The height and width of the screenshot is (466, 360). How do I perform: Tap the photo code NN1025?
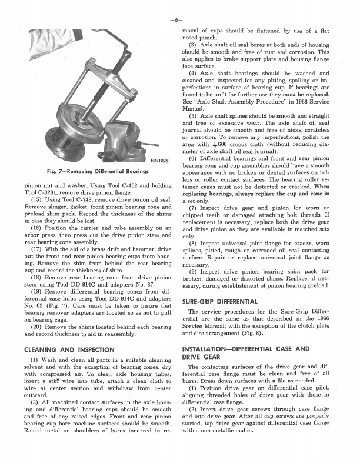tap(159, 160)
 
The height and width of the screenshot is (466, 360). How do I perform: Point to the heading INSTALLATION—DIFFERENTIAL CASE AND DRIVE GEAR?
tap(246, 352)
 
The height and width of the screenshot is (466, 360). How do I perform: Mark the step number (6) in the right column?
tap(192, 159)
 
